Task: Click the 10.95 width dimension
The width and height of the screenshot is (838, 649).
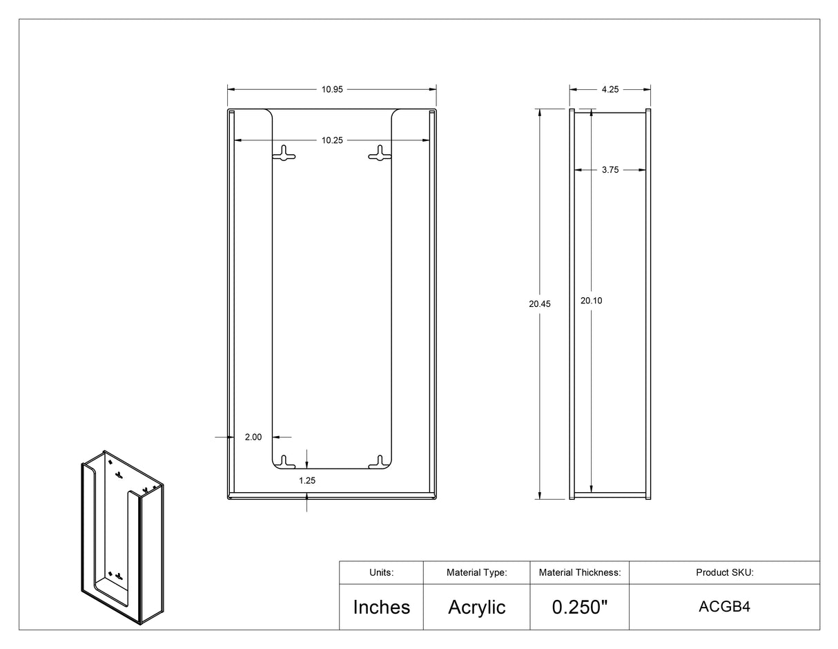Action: point(331,89)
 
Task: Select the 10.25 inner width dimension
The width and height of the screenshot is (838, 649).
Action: point(331,140)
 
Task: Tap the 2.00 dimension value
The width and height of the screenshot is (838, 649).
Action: point(253,437)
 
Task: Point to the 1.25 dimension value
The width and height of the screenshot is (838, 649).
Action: point(307,480)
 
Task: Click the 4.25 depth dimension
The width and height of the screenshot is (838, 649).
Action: point(610,89)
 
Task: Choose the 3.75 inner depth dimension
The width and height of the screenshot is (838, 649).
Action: point(610,169)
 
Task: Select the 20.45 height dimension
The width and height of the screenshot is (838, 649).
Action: point(540,304)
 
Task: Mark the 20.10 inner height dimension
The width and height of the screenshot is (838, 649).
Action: point(592,301)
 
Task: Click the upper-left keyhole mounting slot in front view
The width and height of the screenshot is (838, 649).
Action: point(284,153)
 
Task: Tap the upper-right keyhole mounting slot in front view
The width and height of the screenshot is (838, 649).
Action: point(380,153)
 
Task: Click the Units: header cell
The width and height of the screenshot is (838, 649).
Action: point(381,572)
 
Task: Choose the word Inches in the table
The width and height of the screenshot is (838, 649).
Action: point(381,607)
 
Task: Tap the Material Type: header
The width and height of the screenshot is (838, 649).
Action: point(476,572)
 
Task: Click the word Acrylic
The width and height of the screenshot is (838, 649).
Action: point(476,607)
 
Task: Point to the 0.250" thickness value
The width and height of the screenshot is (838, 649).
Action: point(580,607)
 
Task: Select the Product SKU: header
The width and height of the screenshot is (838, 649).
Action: point(724,572)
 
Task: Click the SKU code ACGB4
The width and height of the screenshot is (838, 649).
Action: point(724,607)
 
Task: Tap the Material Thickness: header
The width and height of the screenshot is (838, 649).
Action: point(580,572)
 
